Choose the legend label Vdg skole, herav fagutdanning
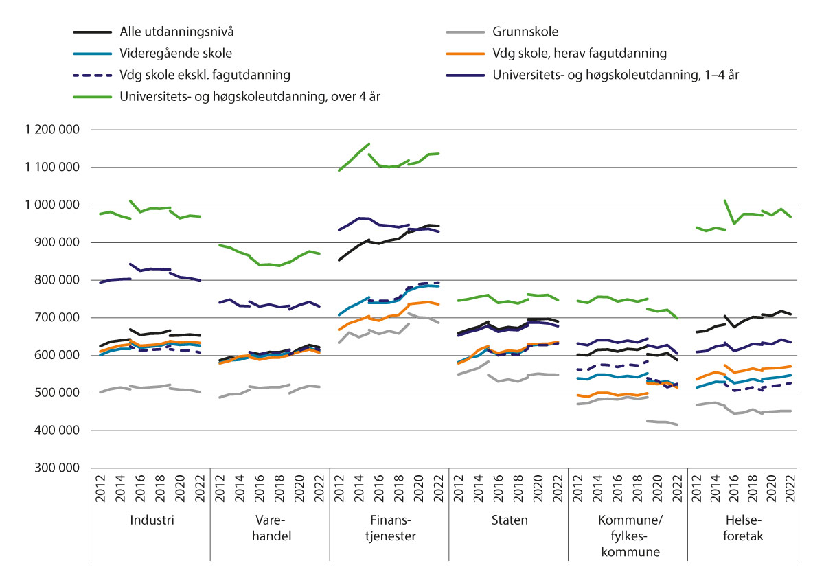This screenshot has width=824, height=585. [x=580, y=53]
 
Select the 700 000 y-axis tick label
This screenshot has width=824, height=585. [x=62, y=318]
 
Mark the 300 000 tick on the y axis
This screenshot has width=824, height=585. [x=62, y=468]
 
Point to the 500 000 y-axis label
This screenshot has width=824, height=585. [x=62, y=393]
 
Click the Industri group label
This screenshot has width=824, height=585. [x=152, y=520]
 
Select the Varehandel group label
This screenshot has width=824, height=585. [x=271, y=528]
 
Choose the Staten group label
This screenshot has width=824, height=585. [x=510, y=520]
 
